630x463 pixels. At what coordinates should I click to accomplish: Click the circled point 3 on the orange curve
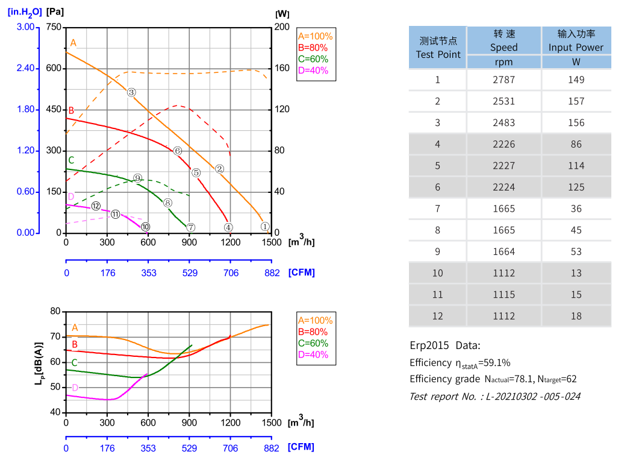131,92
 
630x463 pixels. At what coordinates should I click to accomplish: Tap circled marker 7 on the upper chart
190,227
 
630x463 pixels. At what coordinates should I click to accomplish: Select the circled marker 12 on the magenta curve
96,206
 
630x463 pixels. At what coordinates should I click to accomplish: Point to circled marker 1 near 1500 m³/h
265,227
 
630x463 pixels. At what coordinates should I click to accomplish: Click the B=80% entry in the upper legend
313,48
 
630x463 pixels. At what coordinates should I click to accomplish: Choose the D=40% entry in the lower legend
313,354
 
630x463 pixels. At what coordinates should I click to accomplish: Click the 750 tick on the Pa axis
54,27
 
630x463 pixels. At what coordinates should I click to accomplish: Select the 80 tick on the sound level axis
55,311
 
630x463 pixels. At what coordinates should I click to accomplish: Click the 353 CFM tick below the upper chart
149,273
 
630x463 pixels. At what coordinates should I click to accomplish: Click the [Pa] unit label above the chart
54,11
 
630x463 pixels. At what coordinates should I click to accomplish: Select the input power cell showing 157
576,101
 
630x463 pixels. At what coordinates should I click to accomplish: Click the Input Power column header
576,40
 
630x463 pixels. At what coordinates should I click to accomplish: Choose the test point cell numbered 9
438,251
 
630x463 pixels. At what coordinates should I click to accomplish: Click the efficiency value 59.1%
494,363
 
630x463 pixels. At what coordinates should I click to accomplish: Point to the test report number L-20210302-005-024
536,396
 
